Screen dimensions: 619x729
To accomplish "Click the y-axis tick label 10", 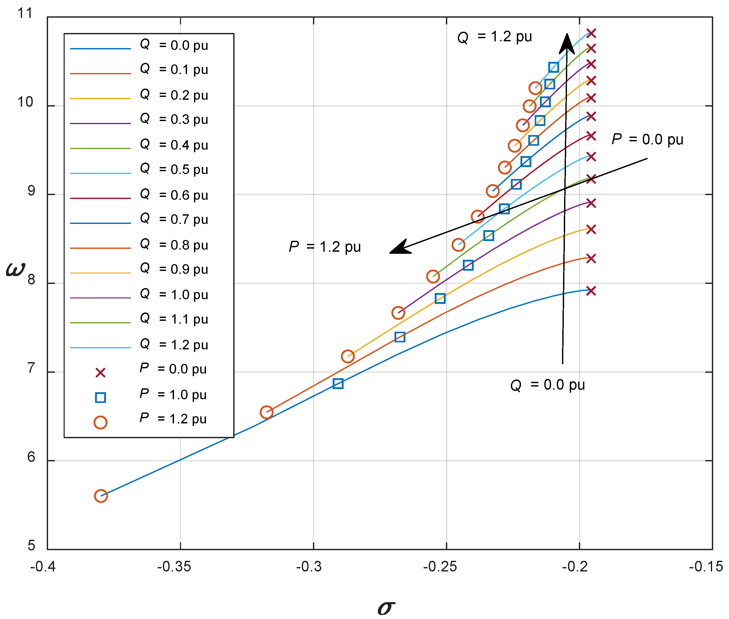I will (25, 102).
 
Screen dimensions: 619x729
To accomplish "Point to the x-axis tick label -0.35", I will (174, 567).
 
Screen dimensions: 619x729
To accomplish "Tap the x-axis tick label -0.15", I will (706, 567).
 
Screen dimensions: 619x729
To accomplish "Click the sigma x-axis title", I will (386, 607).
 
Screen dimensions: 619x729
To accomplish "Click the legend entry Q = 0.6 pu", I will (174, 195).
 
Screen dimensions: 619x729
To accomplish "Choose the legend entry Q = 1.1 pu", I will (174, 319).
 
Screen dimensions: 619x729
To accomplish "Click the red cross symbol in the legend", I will (100, 373).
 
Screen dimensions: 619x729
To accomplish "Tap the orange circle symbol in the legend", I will (100, 422).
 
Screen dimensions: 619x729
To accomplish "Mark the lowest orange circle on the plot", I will (101, 496).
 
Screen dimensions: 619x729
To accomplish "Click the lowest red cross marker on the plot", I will (591, 291).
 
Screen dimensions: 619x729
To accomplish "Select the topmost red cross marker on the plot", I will (591, 33).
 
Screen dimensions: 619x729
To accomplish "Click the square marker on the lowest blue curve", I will (338, 384).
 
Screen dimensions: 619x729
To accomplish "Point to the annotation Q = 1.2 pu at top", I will (495, 37).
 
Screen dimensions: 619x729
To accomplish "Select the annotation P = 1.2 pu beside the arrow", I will (325, 247).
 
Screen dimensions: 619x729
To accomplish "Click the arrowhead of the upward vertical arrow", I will (567, 44).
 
